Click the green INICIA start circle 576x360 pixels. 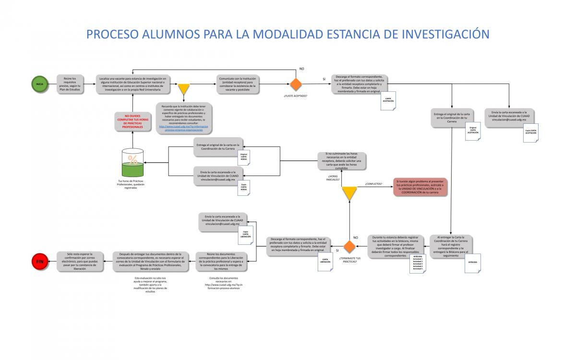39,84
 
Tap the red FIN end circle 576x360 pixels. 39,261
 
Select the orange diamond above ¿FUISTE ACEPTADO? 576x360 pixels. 296,84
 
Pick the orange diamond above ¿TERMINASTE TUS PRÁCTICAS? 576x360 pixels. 349,247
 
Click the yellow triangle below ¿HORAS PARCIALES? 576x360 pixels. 349,193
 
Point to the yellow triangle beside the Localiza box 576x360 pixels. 184,89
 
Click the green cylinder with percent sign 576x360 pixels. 132,164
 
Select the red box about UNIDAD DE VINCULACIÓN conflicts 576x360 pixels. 420,187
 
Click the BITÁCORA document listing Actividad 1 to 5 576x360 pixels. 418,264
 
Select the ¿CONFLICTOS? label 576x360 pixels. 373,184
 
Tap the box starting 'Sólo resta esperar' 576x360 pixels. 80,261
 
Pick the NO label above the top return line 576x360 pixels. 301,69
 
